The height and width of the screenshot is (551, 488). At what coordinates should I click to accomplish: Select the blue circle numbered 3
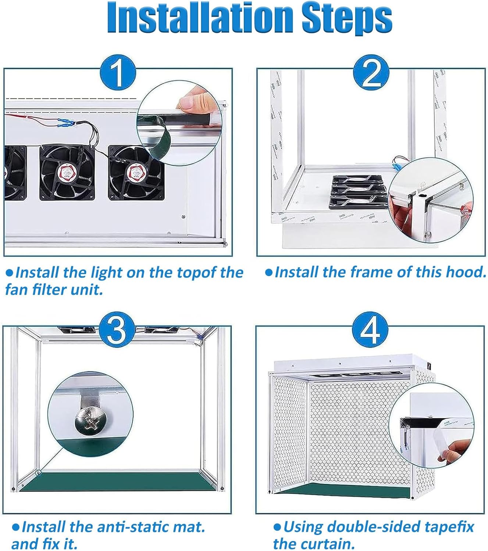point(116,329)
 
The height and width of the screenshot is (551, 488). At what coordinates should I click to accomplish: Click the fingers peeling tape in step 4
point(455,450)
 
